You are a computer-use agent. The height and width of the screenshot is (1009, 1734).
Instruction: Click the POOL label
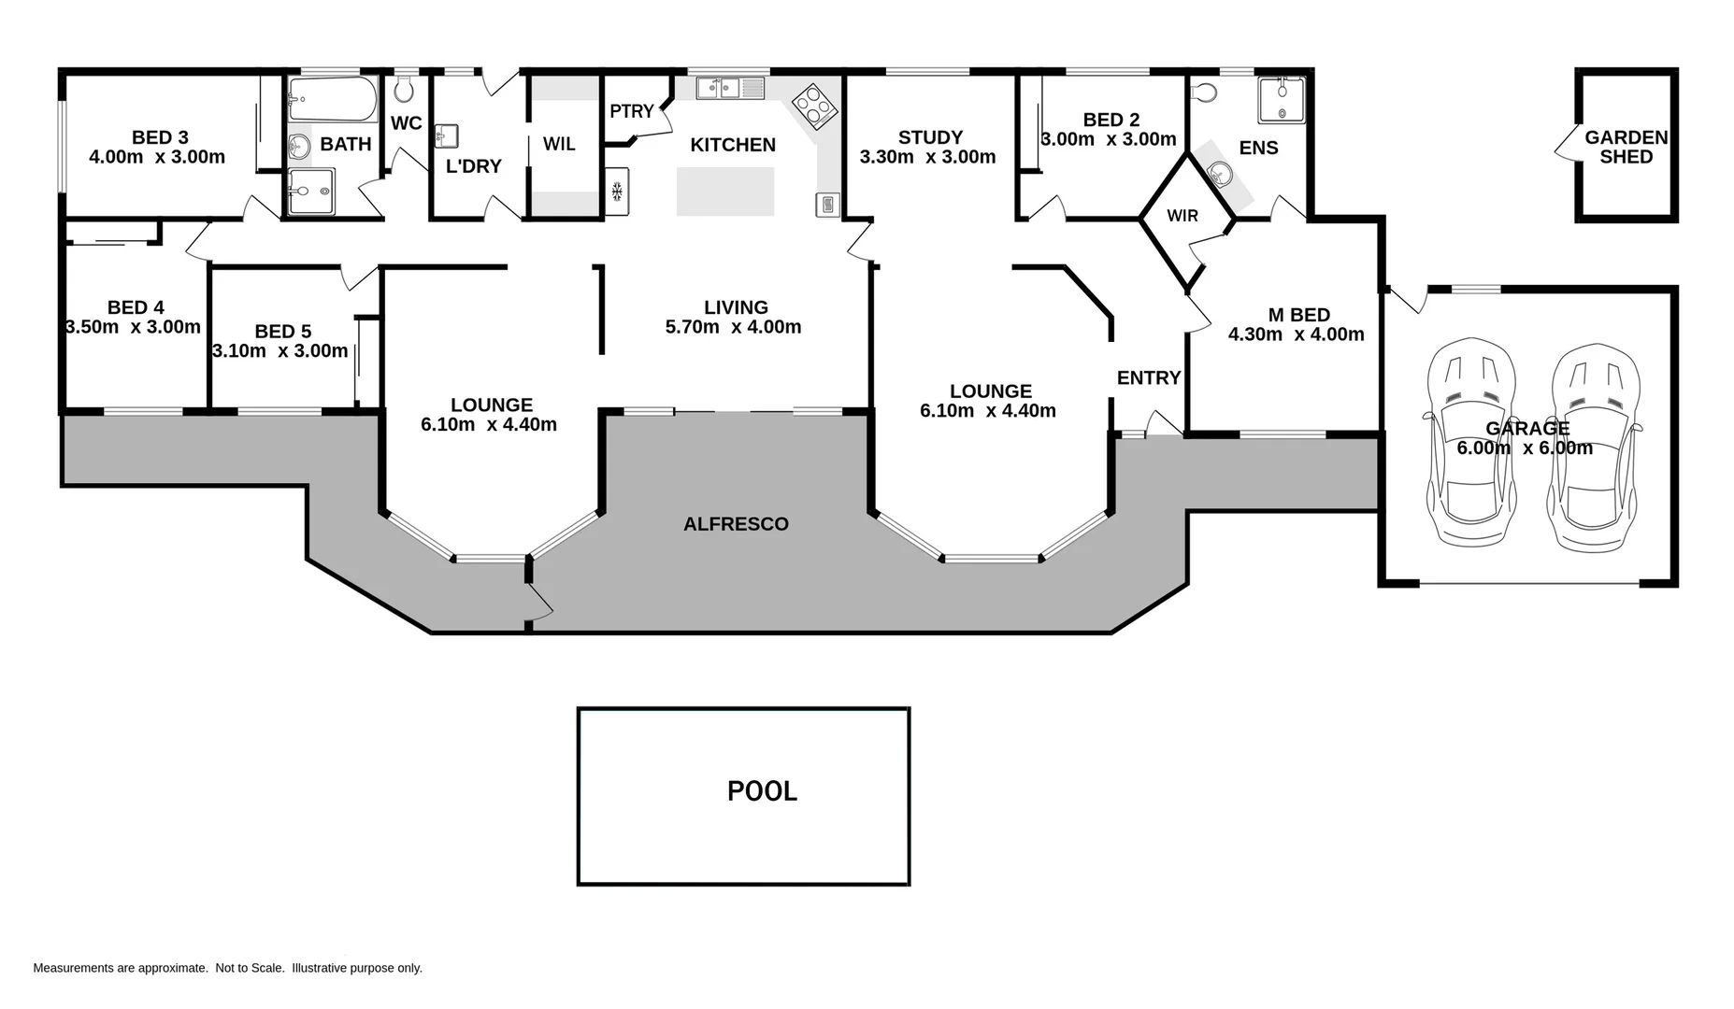click(762, 791)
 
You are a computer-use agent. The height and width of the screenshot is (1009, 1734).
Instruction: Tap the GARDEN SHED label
click(1626, 147)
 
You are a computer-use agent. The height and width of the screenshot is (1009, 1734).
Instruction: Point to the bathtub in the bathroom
click(332, 99)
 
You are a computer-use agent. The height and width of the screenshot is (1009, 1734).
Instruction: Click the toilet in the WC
click(405, 90)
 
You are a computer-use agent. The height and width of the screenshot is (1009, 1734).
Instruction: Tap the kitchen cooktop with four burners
click(815, 105)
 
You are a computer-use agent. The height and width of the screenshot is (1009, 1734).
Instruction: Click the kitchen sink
click(729, 89)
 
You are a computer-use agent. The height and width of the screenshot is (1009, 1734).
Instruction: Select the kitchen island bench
click(725, 192)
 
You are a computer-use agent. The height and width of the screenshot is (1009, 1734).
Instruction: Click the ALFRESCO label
click(736, 524)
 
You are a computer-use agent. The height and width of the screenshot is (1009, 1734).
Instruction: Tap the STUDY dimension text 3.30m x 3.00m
click(927, 157)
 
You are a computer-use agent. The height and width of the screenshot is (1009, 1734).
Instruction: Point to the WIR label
click(1182, 216)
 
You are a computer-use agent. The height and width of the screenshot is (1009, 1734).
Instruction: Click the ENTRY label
click(1149, 377)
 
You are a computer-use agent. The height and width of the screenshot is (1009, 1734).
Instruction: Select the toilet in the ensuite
click(1205, 92)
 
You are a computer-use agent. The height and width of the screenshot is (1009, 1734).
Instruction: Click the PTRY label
click(632, 111)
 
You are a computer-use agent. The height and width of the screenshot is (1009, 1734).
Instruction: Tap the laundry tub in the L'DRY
click(446, 136)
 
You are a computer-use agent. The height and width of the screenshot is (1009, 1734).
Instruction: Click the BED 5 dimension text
click(280, 351)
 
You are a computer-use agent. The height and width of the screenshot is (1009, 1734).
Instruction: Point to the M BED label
click(1298, 315)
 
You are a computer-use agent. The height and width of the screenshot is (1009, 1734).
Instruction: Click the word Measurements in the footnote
click(74, 968)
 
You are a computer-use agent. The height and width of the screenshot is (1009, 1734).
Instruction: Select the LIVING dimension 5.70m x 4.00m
click(733, 327)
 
